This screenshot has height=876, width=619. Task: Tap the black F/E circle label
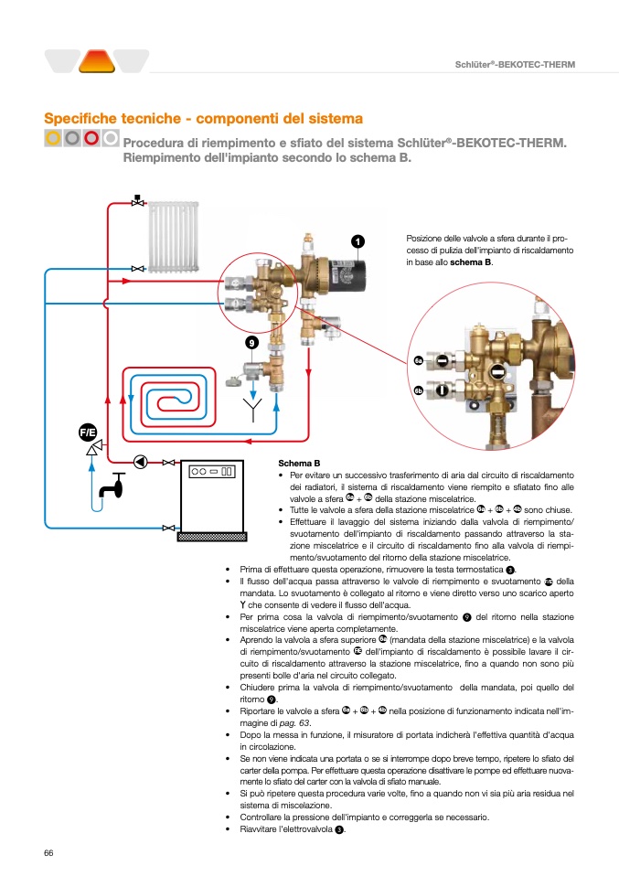(89, 431)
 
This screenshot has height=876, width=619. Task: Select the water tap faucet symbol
(115, 487)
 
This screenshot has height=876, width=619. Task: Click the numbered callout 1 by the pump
(358, 240)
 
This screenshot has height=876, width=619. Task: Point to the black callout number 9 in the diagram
(251, 342)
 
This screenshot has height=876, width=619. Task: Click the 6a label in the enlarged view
(418, 361)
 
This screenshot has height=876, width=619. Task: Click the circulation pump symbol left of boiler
(141, 461)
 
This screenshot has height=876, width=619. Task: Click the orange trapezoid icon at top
(96, 62)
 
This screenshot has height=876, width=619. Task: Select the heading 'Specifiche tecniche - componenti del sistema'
(204, 119)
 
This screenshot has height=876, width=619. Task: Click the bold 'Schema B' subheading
(299, 464)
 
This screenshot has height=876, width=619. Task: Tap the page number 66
(49, 853)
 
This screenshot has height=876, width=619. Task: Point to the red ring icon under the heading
(91, 138)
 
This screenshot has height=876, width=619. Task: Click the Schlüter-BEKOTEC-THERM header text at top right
(515, 63)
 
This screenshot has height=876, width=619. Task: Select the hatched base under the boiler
(213, 536)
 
